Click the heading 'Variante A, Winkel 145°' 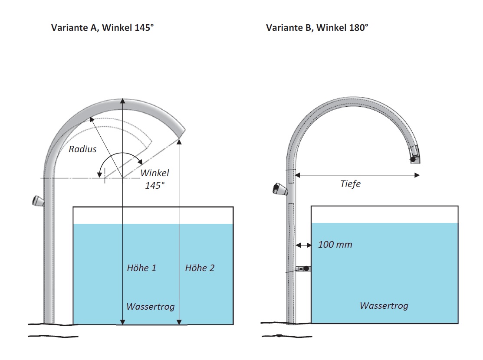(103, 28)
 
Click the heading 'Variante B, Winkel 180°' (317, 28)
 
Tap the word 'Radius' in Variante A (82, 150)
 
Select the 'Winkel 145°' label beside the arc (154, 179)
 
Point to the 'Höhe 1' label (141, 268)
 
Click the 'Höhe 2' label (200, 268)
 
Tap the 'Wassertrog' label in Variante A (151, 307)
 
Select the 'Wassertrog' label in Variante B (384, 305)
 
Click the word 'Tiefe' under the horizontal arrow (350, 184)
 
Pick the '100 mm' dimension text (335, 245)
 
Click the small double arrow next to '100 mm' (303, 245)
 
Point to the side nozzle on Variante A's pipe (38, 201)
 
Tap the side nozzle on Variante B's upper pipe (279, 189)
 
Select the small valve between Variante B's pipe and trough (303, 269)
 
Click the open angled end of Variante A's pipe (182, 134)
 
